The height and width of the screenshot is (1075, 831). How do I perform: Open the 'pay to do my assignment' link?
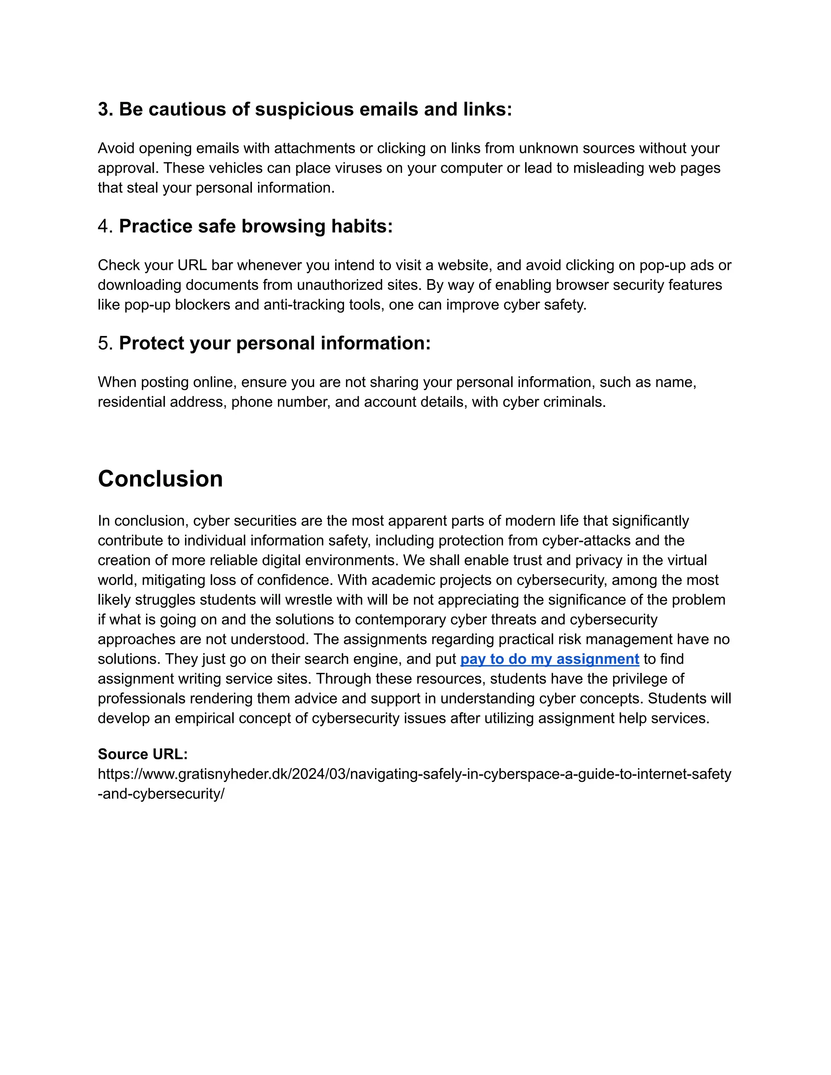[x=549, y=659]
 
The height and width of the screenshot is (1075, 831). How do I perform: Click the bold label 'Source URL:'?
[x=143, y=754]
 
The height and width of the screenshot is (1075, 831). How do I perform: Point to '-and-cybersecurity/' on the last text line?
[x=161, y=794]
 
